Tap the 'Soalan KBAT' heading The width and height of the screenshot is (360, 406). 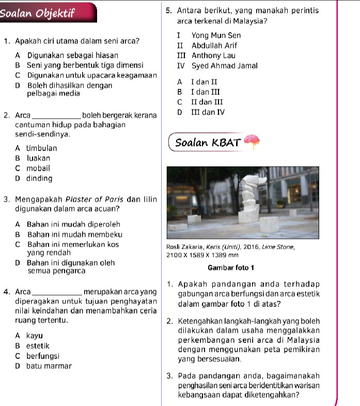[x=208, y=142]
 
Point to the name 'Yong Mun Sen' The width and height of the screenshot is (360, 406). [x=209, y=36]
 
